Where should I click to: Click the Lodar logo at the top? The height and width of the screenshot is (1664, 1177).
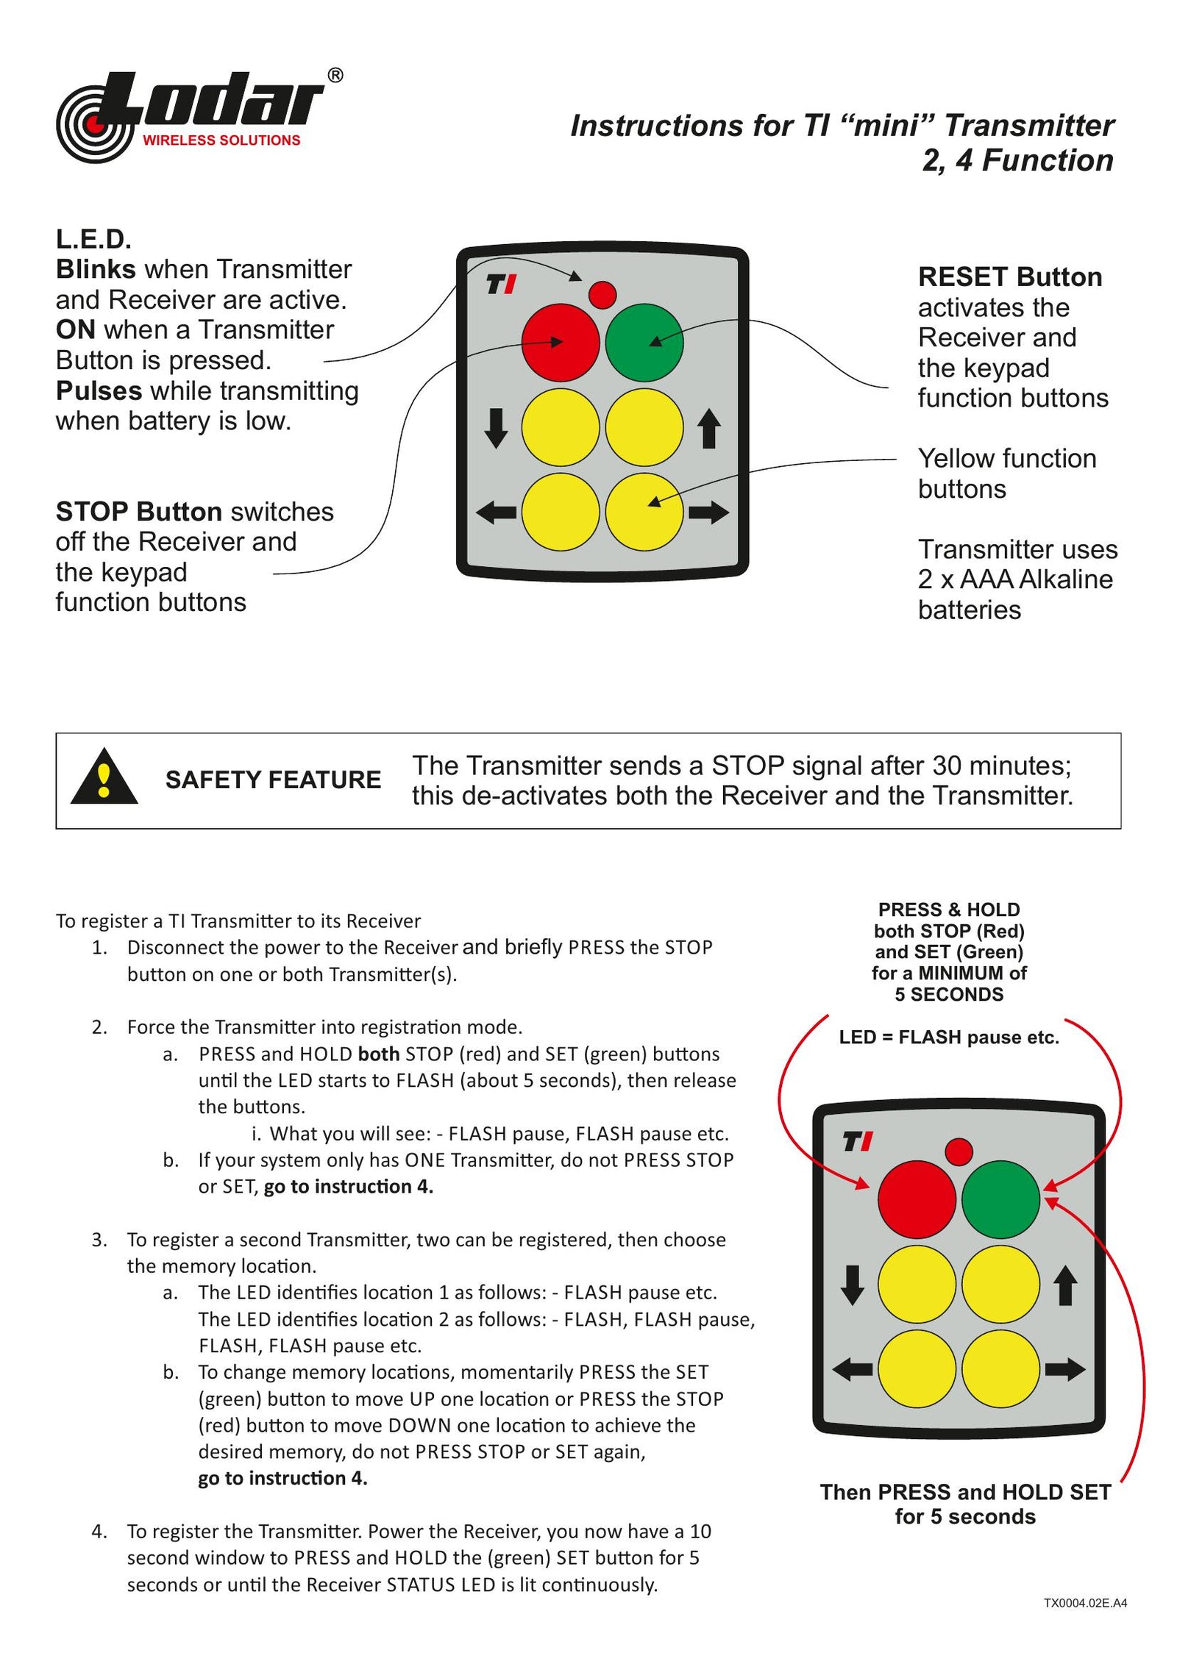pyautogui.click(x=199, y=115)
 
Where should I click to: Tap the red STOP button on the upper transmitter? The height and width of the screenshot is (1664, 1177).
pyautogui.click(x=560, y=342)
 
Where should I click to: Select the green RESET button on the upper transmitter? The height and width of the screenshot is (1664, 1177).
pyautogui.click(x=644, y=342)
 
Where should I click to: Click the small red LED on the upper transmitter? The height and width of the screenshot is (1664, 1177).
pyautogui.click(x=602, y=295)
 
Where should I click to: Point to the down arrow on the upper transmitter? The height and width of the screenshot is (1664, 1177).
pyautogui.click(x=496, y=427)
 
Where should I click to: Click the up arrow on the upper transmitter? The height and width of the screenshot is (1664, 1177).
pyautogui.click(x=708, y=429)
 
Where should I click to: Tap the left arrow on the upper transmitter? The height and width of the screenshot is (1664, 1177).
pyautogui.click(x=496, y=512)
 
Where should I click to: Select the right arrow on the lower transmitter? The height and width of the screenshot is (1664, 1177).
pyautogui.click(x=1064, y=1368)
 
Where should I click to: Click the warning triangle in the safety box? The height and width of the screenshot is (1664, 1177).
pyautogui.click(x=104, y=777)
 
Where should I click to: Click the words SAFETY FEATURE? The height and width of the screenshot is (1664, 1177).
pyautogui.click(x=273, y=779)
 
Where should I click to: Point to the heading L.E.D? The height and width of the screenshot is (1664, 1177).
pyautogui.click(x=93, y=239)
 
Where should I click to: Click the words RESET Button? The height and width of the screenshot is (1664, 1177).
pyautogui.click(x=1009, y=277)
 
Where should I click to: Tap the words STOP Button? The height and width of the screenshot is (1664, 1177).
pyautogui.click(x=138, y=511)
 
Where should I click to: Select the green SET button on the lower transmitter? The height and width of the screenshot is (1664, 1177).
pyautogui.click(x=1000, y=1199)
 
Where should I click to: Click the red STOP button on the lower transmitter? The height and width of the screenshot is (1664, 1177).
pyautogui.click(x=916, y=1199)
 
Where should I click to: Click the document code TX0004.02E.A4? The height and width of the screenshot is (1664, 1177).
pyautogui.click(x=1084, y=1602)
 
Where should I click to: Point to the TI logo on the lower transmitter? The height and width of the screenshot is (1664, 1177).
pyautogui.click(x=857, y=1141)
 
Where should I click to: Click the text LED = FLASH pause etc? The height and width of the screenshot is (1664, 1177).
pyautogui.click(x=948, y=1037)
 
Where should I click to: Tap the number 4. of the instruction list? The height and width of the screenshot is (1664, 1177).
pyautogui.click(x=99, y=1531)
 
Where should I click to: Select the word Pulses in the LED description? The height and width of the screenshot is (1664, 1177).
pyautogui.click(x=99, y=390)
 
